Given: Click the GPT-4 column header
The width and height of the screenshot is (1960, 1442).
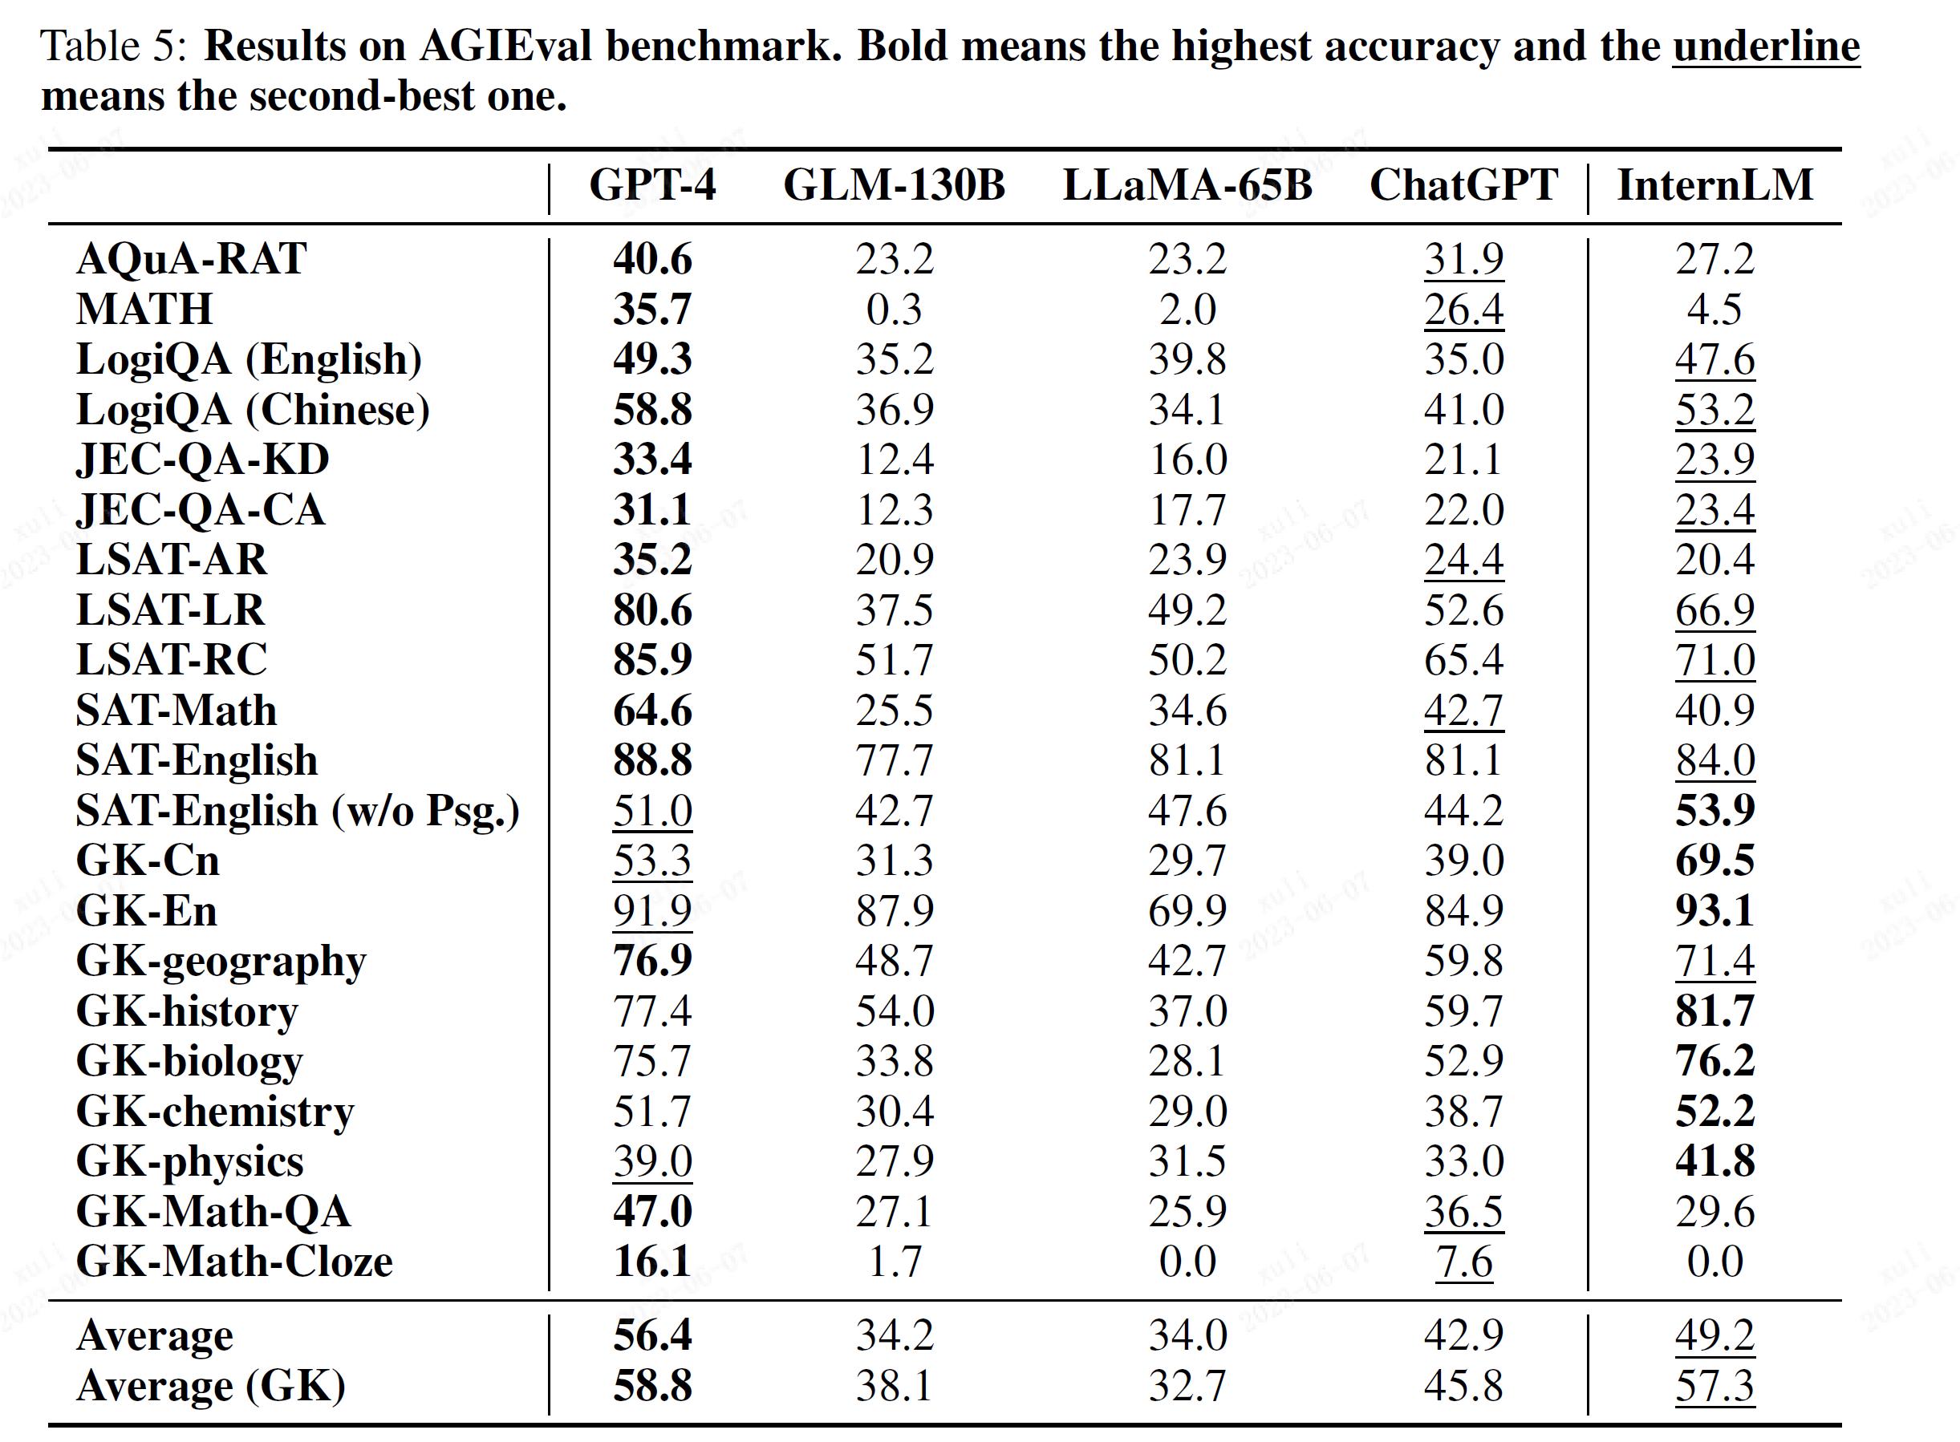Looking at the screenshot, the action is [652, 185].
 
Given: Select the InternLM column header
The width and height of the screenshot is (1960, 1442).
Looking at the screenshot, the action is [1714, 185].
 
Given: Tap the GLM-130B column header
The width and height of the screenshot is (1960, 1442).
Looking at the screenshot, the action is [894, 185].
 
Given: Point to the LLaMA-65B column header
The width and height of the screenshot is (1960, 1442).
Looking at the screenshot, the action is [1187, 185].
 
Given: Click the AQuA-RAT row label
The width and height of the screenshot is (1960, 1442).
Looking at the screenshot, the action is [191, 258].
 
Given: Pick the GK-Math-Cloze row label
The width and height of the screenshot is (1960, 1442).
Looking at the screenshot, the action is [234, 1262].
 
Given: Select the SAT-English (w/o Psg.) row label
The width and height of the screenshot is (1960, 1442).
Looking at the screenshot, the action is [298, 811].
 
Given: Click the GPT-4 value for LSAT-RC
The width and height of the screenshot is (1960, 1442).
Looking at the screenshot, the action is [652, 660].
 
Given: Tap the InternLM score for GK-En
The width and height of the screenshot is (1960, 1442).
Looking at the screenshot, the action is [1714, 910].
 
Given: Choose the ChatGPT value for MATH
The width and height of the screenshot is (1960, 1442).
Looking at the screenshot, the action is [1464, 309].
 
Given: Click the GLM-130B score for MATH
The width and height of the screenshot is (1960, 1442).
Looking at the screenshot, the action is [894, 309].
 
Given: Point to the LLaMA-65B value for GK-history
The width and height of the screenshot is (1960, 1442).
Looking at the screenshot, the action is [1187, 1011].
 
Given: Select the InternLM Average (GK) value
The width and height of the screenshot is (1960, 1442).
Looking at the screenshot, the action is [1714, 1385].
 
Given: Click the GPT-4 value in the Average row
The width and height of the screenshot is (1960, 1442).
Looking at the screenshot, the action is [652, 1335].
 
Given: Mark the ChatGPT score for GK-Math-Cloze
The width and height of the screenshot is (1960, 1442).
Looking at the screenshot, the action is [1464, 1262].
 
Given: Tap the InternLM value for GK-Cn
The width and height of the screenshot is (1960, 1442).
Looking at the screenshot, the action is [1714, 861].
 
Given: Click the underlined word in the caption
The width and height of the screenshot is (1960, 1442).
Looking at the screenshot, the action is [1766, 47].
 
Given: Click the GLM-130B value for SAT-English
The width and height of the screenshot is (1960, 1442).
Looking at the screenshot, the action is [894, 760].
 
